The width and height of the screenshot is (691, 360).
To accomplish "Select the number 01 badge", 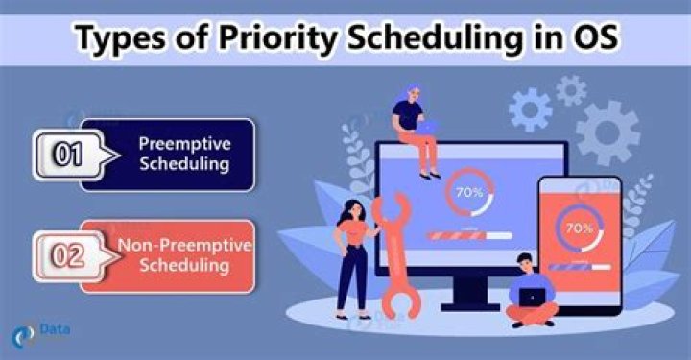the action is click(x=67, y=155).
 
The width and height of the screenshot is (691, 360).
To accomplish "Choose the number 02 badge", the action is click(x=67, y=256).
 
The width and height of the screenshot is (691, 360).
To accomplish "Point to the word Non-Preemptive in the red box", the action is click(x=184, y=245).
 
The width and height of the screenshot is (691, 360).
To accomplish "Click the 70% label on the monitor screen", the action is click(x=469, y=193).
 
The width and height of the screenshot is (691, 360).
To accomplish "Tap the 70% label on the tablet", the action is click(x=579, y=228).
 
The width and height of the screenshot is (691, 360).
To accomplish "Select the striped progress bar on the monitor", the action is click(x=469, y=236).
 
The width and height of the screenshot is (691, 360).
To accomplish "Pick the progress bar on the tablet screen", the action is click(x=579, y=267).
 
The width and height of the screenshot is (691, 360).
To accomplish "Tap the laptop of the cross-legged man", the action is click(x=532, y=298).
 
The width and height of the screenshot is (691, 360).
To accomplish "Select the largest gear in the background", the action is click(x=608, y=132).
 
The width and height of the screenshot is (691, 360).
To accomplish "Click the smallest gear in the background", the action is click(x=571, y=91).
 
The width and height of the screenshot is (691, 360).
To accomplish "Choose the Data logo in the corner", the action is click(x=39, y=334).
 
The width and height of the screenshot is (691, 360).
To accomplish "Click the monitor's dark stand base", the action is click(x=471, y=306).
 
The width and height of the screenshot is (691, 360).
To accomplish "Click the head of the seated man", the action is click(x=525, y=263).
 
